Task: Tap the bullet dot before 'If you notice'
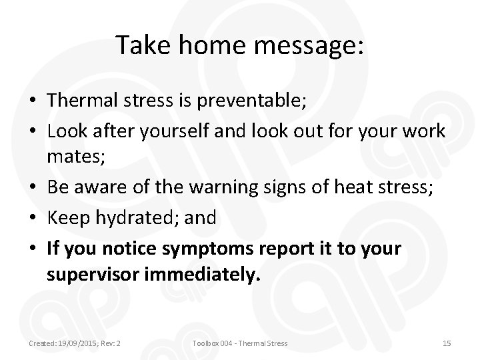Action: [32, 248]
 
